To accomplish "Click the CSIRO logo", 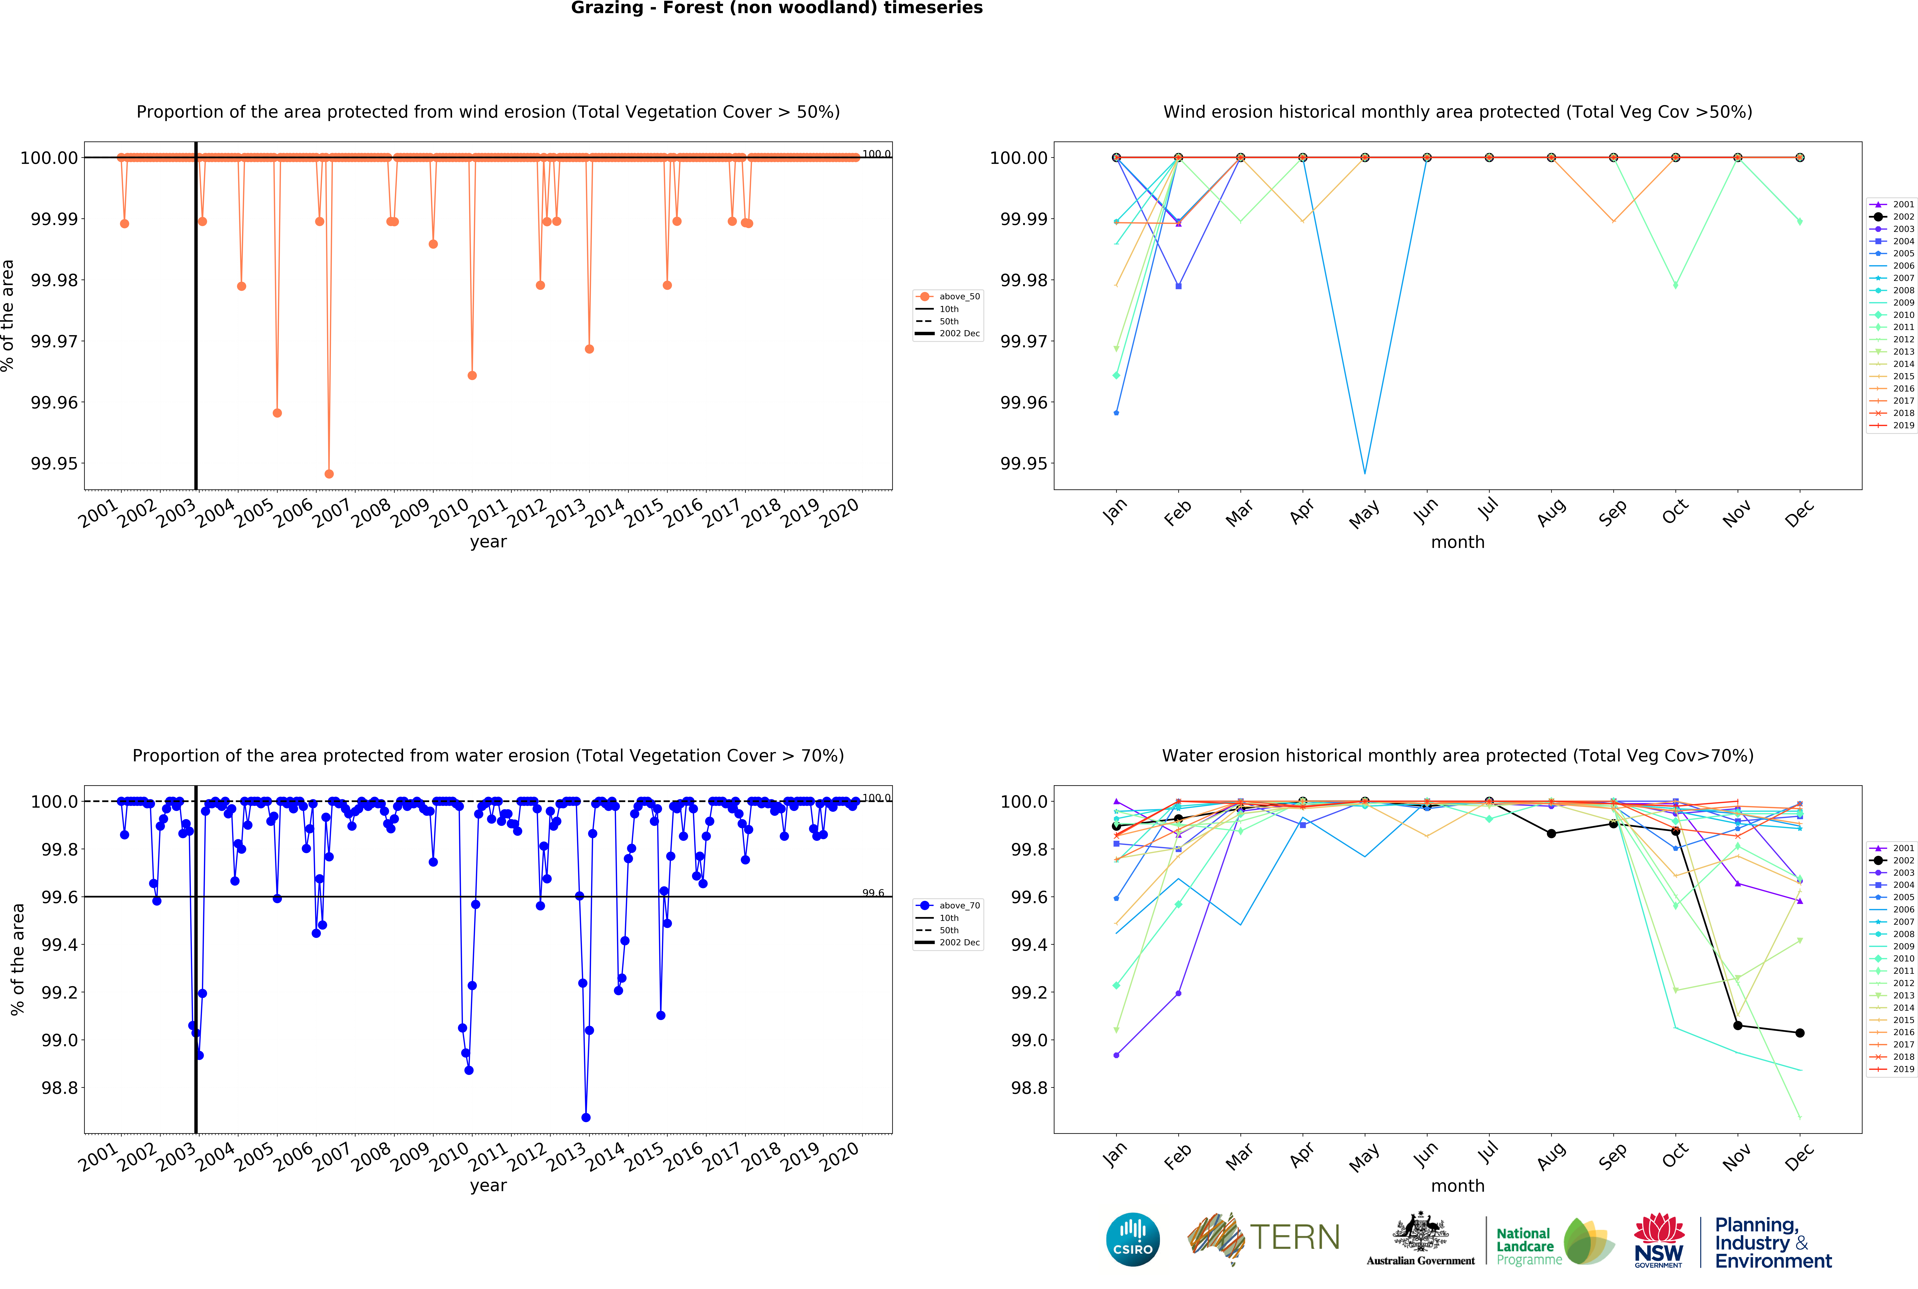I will click(1132, 1239).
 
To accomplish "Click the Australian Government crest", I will click(1420, 1233).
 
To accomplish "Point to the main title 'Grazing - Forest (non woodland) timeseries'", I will click(777, 8).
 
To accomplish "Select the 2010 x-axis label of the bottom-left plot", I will click(449, 1157).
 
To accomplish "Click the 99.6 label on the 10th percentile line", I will click(873, 893).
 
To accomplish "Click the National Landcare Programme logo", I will click(1553, 1241).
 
